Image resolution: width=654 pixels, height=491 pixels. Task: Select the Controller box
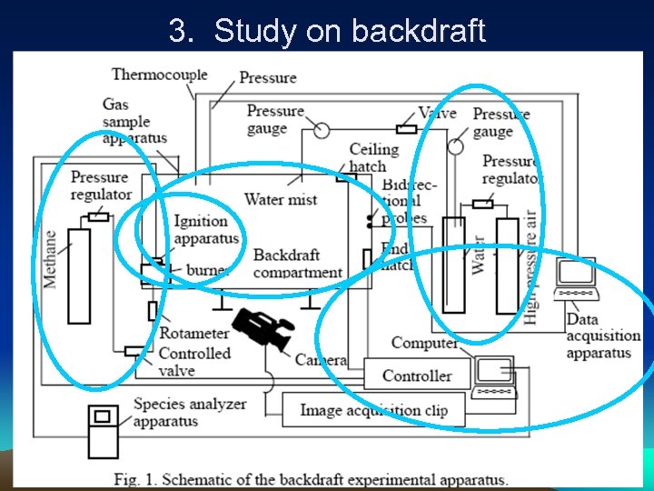click(417, 375)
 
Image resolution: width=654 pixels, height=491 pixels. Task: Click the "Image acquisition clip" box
click(373, 410)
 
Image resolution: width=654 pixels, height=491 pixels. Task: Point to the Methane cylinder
click(79, 276)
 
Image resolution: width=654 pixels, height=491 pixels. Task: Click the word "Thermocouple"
click(159, 75)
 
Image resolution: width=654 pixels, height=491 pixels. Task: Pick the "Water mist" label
click(281, 199)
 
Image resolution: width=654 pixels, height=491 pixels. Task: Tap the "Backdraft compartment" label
click(298, 264)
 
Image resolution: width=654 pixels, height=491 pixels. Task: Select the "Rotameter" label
click(193, 334)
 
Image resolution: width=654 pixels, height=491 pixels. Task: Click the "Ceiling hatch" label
click(373, 157)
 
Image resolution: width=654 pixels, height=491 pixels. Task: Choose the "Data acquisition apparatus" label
click(602, 336)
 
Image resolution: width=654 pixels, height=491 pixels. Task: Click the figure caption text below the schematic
click(311, 479)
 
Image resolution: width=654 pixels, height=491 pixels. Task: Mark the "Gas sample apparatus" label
click(134, 121)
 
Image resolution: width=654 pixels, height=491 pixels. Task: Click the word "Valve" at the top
click(437, 114)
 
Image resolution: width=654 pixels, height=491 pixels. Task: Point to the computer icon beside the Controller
click(495, 376)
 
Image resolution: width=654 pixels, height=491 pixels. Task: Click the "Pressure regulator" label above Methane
click(101, 185)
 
